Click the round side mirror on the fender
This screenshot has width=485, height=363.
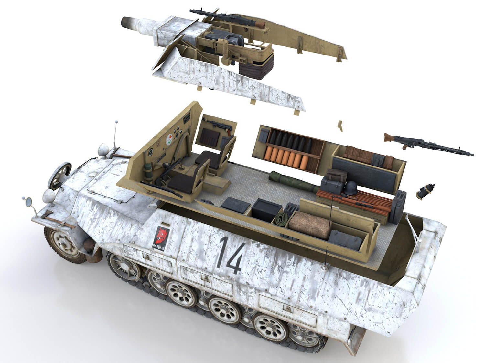[x=28, y=202]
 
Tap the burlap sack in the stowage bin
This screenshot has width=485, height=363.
[x=309, y=225]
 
